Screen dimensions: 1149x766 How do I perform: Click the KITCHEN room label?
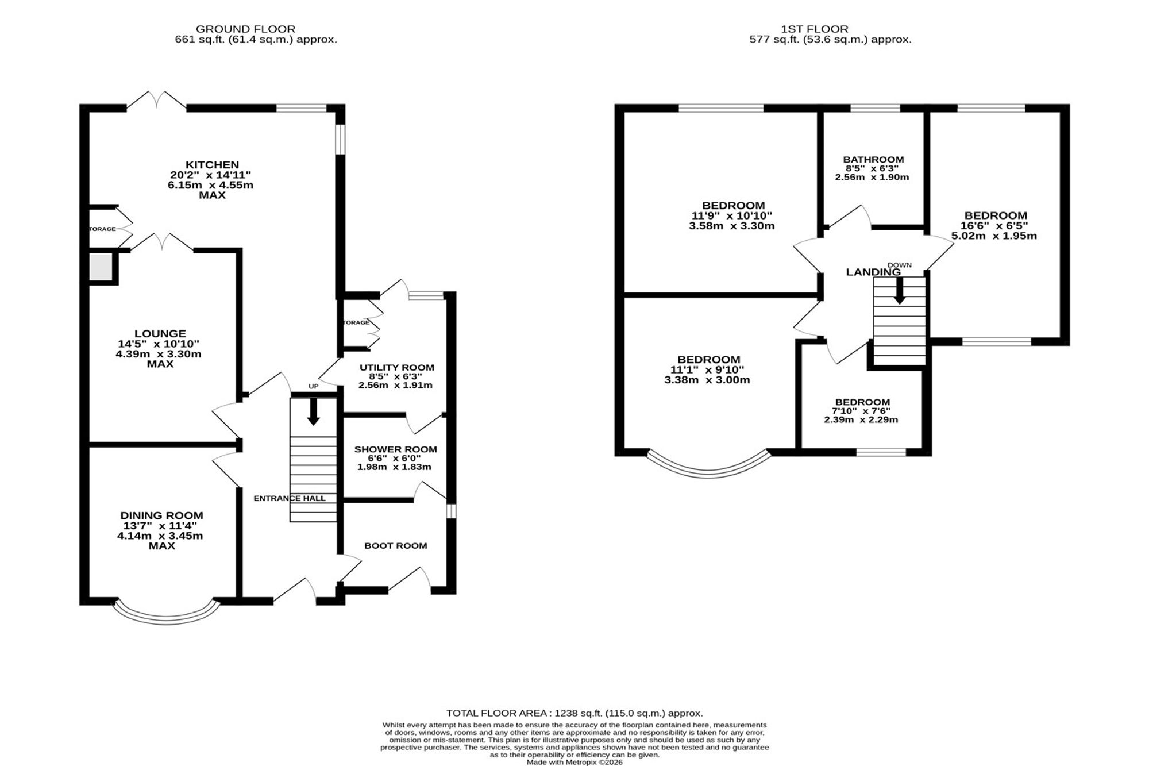212,165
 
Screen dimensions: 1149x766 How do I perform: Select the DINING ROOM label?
161,516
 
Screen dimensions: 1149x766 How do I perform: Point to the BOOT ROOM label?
396,546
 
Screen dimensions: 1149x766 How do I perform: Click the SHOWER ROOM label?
396,449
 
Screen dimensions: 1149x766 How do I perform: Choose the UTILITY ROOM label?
397,368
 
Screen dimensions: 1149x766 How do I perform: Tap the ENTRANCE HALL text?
290,498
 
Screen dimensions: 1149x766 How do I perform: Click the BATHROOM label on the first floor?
873,160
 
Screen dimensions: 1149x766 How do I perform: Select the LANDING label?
873,272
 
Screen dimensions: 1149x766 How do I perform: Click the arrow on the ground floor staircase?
313,411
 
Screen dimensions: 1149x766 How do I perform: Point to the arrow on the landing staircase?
899,291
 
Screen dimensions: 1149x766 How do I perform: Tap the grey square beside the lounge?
101,268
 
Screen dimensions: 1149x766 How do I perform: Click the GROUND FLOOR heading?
246,29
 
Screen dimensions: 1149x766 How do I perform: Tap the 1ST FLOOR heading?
815,29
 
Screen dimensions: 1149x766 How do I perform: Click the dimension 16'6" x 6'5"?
994,226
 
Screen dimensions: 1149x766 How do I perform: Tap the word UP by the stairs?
313,387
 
